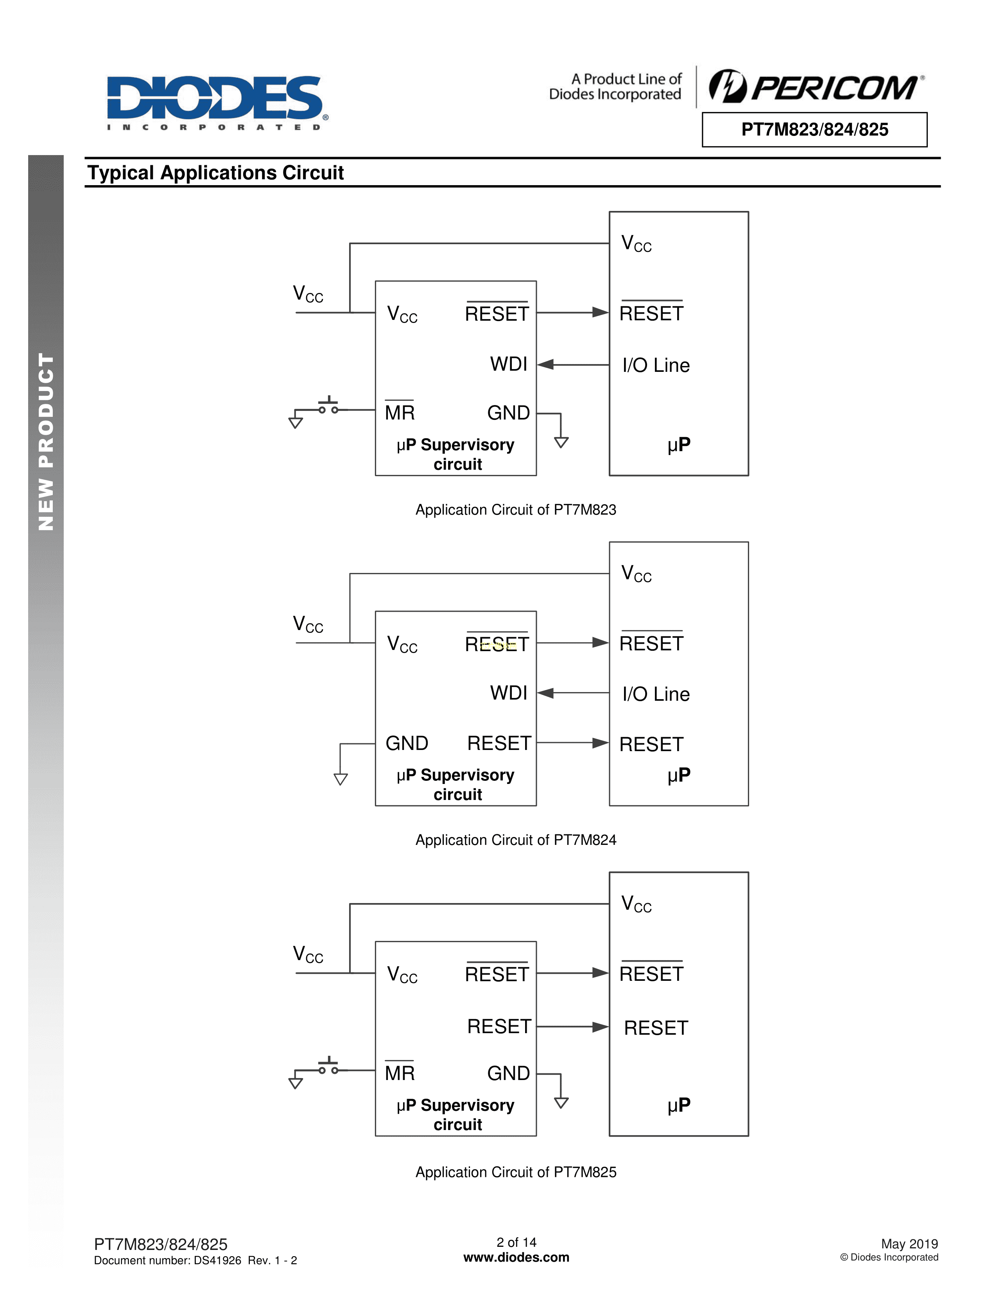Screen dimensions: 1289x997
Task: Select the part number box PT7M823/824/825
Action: [814, 129]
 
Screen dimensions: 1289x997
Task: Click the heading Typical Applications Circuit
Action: [215, 173]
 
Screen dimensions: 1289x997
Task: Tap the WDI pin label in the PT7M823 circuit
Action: [508, 364]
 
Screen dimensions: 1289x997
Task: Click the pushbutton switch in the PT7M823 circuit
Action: [328, 406]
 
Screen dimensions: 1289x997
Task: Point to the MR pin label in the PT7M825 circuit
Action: [400, 1073]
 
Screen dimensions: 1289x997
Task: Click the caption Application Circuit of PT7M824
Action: [516, 840]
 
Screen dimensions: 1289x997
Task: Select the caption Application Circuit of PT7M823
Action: [516, 510]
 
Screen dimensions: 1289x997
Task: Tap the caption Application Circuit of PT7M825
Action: [516, 1172]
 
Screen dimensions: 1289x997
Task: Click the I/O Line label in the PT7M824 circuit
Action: [656, 694]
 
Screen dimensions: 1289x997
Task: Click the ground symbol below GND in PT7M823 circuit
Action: [561, 442]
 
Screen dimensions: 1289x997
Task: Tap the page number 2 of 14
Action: [516, 1243]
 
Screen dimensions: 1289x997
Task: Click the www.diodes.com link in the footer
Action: [516, 1258]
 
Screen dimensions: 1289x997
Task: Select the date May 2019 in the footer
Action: [909, 1244]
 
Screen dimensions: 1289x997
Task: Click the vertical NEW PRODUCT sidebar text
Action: [46, 441]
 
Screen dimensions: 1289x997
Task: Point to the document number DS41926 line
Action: [195, 1260]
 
